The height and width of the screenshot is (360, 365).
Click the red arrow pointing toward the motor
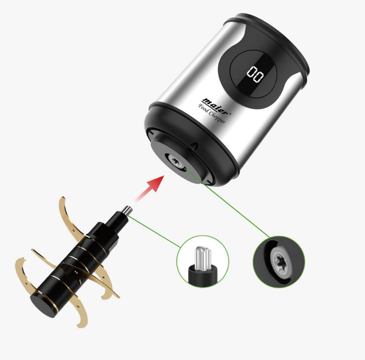[x=151, y=188]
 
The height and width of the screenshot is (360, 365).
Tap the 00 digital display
[x=255, y=75]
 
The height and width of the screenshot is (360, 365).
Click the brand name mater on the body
[x=215, y=106]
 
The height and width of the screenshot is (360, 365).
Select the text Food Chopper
[x=212, y=114]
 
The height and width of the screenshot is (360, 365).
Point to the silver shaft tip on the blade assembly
[x=128, y=210]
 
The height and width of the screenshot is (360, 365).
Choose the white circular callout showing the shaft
[x=203, y=262]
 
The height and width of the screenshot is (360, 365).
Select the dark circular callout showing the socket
[x=279, y=262]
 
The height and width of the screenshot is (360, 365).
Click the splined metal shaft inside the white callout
[x=203, y=258]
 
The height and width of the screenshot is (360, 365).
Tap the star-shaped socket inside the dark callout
[x=280, y=261]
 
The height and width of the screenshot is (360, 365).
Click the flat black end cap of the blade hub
[x=43, y=305]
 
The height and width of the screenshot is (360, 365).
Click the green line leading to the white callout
[x=154, y=231]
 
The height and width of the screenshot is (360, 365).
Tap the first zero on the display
[x=252, y=72]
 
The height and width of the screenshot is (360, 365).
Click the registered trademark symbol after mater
[x=230, y=114]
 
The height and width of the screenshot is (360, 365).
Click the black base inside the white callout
[x=203, y=276]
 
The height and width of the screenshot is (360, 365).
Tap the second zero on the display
[x=259, y=77]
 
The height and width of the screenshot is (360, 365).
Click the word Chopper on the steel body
[x=217, y=117]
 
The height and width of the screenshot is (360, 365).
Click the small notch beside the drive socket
[x=194, y=145]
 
